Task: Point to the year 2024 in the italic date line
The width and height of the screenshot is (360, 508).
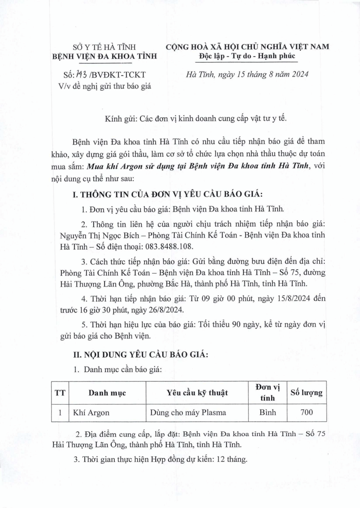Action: [299, 75]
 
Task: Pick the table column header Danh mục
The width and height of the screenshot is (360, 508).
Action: [107, 393]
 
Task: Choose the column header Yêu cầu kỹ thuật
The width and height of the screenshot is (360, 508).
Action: [197, 393]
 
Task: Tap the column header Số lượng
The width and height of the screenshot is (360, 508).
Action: [306, 393]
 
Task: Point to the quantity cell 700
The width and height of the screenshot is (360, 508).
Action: [306, 413]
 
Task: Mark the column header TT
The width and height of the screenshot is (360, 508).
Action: [60, 393]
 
